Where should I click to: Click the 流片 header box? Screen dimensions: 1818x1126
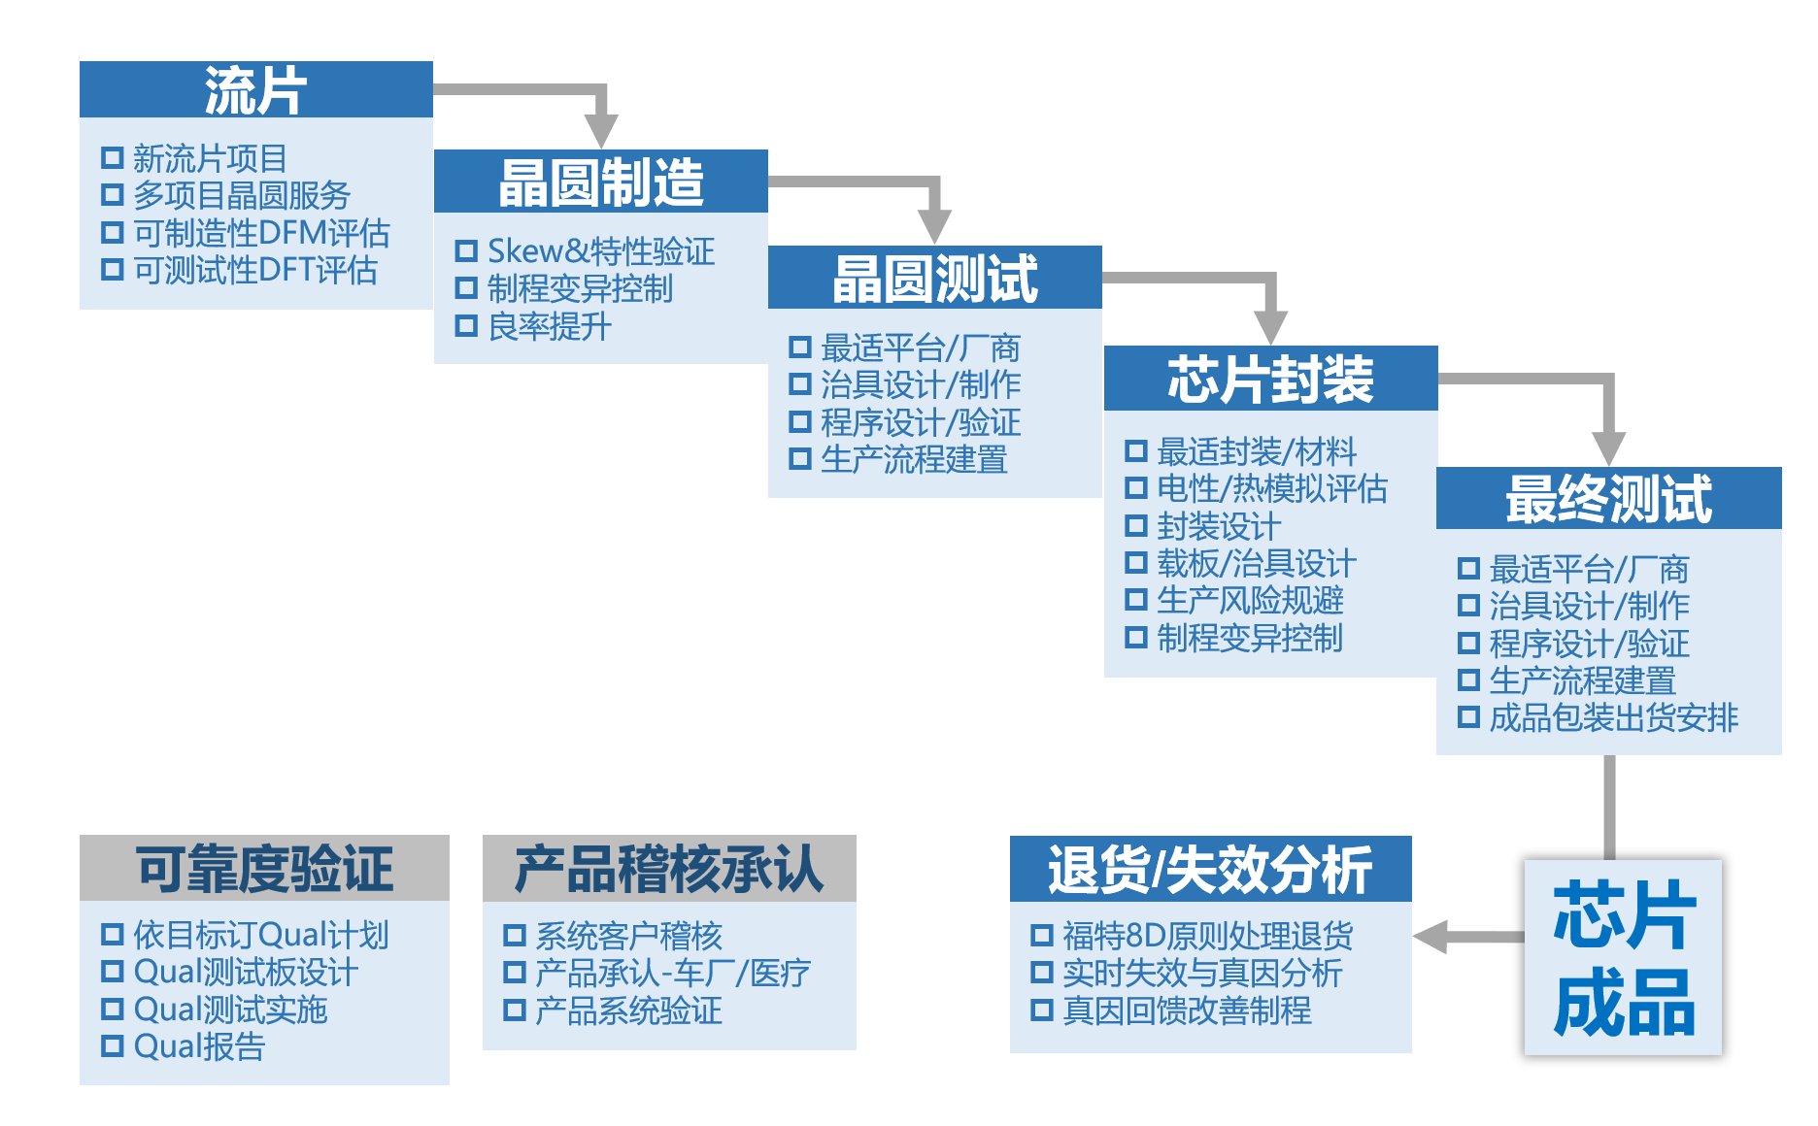255,89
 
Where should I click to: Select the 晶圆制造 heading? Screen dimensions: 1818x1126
601,182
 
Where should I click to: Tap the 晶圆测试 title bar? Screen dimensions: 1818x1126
935,278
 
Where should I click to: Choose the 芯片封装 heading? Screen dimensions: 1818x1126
1270,379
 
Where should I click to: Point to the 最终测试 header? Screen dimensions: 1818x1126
1608,498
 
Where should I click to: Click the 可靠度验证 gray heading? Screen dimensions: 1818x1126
264,868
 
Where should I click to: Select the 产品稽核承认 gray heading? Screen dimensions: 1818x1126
669,868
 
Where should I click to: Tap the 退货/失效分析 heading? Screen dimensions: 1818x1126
1210,869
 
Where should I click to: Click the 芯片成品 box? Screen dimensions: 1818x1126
1623,957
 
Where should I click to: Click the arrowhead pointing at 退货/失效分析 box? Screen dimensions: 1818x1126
1430,938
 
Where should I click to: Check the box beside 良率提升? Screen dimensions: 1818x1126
466,326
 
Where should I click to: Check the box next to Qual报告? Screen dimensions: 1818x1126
113,1045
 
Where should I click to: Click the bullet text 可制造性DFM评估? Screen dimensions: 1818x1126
261,233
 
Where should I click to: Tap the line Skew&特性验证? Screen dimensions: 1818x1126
601,251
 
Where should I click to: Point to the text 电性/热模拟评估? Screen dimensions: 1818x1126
1272,488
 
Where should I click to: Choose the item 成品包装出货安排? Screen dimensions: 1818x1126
1613,717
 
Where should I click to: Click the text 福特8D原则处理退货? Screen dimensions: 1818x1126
1207,936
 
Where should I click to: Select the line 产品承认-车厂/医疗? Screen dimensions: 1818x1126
672,973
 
